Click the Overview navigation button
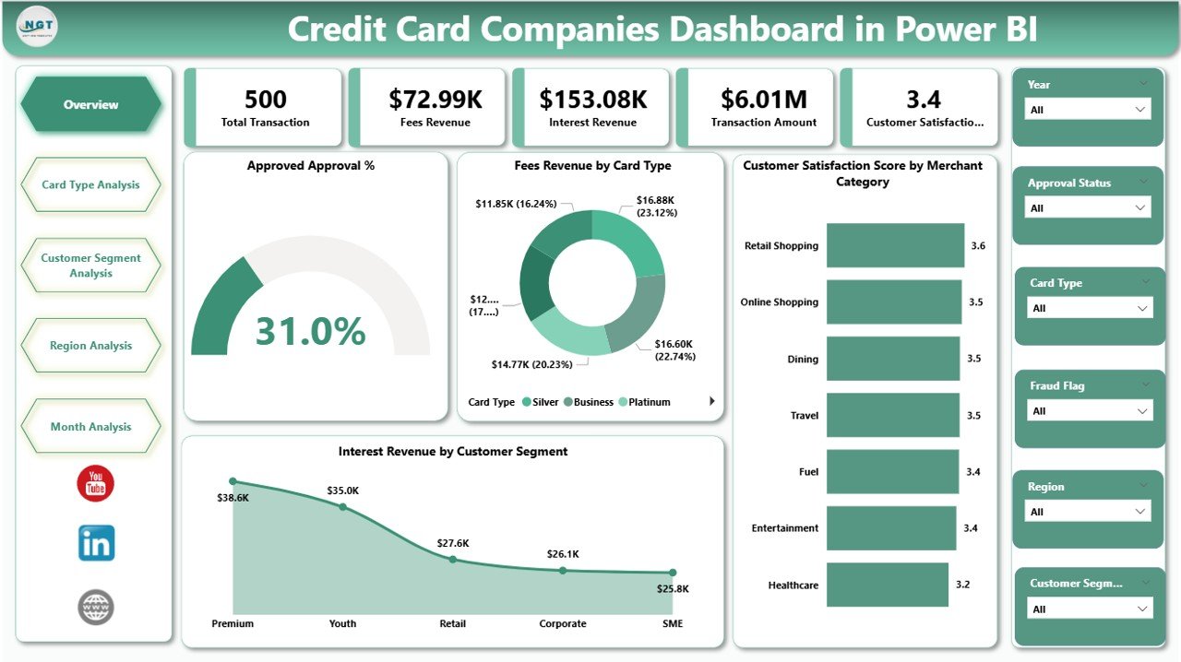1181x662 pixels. click(x=90, y=105)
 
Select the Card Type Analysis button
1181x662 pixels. click(x=90, y=184)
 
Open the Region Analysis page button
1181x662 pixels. click(x=90, y=346)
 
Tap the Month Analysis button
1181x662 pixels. click(x=90, y=427)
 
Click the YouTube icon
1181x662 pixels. click(x=96, y=484)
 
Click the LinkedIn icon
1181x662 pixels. click(x=96, y=544)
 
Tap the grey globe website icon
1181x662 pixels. click(x=96, y=608)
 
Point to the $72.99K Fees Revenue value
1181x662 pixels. click(x=435, y=100)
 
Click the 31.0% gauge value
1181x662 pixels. click(x=310, y=331)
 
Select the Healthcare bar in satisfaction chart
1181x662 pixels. click(x=887, y=585)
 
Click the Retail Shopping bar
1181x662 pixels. click(x=895, y=245)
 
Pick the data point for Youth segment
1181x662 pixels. click(x=342, y=506)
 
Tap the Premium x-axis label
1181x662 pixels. click(x=233, y=623)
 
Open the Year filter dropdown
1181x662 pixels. click(x=1088, y=110)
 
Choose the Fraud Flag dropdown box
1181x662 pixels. click(x=1090, y=411)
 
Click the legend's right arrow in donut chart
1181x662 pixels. click(x=711, y=401)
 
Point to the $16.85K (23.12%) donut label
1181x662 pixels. click(x=656, y=206)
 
